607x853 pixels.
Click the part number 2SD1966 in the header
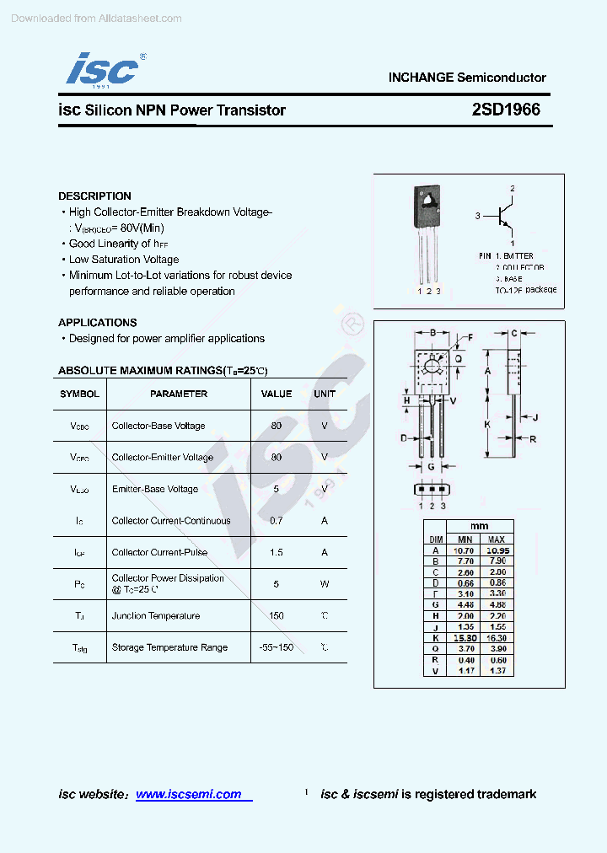coord(506,110)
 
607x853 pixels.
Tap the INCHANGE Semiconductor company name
coord(467,78)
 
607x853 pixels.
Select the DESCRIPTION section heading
coord(94,196)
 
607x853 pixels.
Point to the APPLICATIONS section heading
coord(97,323)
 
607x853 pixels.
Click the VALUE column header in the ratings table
coord(277,394)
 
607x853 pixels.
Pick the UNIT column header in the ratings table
coord(325,394)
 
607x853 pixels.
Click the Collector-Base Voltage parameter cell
coord(158,426)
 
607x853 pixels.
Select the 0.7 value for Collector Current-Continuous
coord(277,521)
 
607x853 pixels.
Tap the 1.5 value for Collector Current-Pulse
coord(277,553)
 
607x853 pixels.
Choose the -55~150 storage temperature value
coord(277,647)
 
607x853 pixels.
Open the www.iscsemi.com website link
coord(189,794)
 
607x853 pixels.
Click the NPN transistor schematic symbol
coord(505,216)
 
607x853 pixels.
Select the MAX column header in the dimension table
coord(497,539)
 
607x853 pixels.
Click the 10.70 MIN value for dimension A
coord(465,550)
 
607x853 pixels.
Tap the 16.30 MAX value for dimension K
coord(497,639)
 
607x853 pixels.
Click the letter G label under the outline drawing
coord(431,466)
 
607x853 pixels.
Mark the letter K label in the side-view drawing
coord(487,424)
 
